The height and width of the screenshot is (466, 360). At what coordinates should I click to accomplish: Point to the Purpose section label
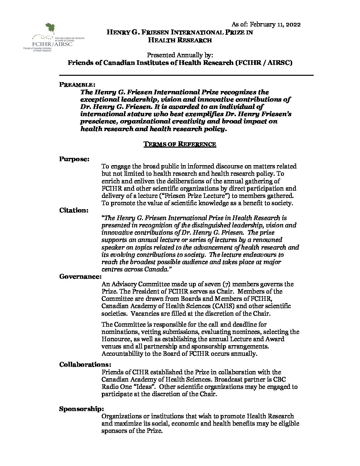pos(74,159)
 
